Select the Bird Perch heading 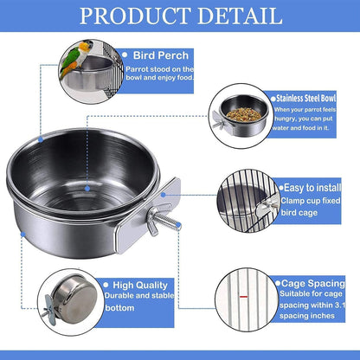162,54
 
